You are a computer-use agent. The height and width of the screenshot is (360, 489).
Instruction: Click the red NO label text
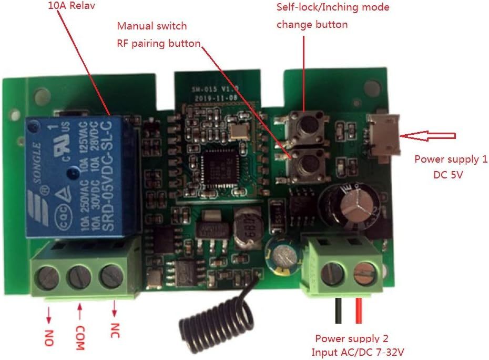[x=48, y=336]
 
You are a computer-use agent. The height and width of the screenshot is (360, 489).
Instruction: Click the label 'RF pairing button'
[x=158, y=43]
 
